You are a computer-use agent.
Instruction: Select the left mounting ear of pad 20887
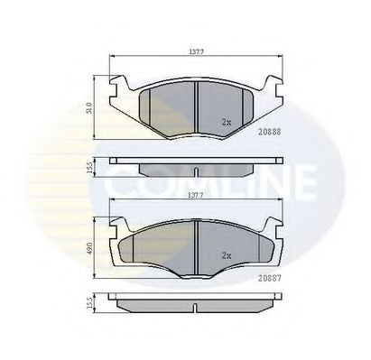click(117, 226)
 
